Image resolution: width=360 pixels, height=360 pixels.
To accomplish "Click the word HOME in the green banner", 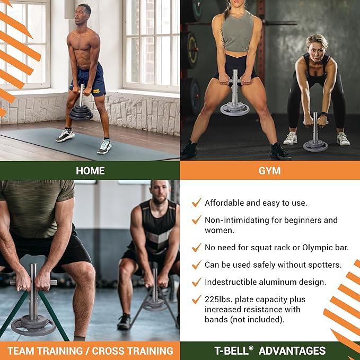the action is (x=90, y=171).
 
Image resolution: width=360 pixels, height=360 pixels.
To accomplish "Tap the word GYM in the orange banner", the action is (x=269, y=171).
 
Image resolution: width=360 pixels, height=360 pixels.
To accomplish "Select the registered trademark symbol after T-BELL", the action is (x=251, y=348).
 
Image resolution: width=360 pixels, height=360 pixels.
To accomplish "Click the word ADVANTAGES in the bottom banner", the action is (x=292, y=351).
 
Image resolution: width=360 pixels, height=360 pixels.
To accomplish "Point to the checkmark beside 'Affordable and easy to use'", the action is (x=197, y=203).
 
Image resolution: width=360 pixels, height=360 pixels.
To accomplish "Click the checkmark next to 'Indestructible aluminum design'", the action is (x=197, y=282).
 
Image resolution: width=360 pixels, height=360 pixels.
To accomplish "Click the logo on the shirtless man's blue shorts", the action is (x=96, y=92).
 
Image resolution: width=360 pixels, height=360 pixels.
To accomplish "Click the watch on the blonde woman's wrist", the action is (x=323, y=114).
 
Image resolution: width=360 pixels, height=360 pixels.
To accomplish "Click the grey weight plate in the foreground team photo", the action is (x=33, y=324).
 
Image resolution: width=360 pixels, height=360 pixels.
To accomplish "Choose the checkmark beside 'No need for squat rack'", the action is (x=197, y=247).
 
